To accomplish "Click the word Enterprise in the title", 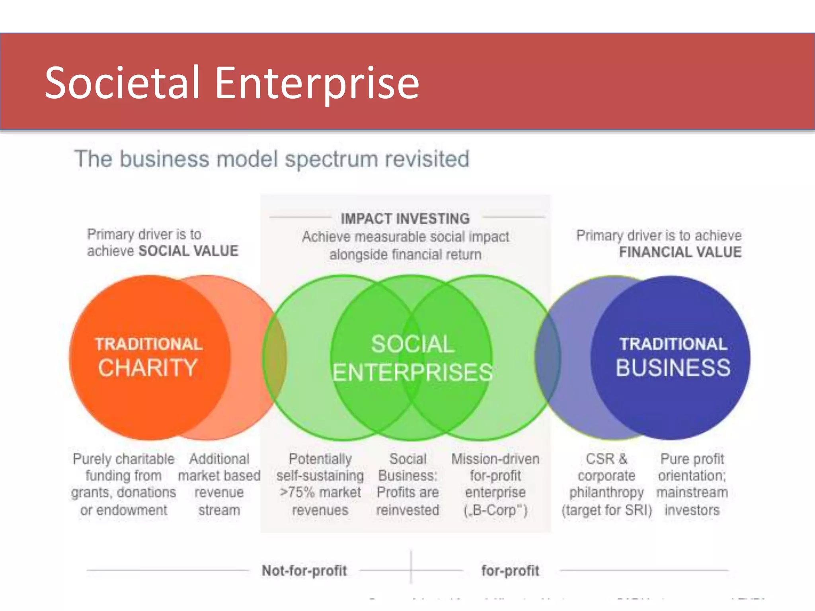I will pos(317,84).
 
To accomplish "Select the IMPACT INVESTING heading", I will pos(405,219).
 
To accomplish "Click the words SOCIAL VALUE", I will pos(188,251).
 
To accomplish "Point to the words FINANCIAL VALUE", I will pos(680,252).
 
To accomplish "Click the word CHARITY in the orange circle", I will pos(148,368).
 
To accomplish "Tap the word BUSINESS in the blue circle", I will pos(673,368).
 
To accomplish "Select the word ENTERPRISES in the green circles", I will pos(412,372).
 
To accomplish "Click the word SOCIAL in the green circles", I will pos(412,344).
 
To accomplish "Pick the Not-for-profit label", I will pos(304,570).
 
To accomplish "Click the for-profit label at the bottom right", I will pos(510,570).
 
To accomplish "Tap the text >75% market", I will pos(320,492).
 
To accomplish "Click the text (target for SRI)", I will pos(606,510).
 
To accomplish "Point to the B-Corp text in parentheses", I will pos(495,510).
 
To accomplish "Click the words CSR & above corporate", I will pos(606,459).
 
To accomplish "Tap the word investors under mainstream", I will pos(692,510).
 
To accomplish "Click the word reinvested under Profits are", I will pos(407,510).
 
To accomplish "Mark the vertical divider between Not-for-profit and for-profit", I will pos(411,567).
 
